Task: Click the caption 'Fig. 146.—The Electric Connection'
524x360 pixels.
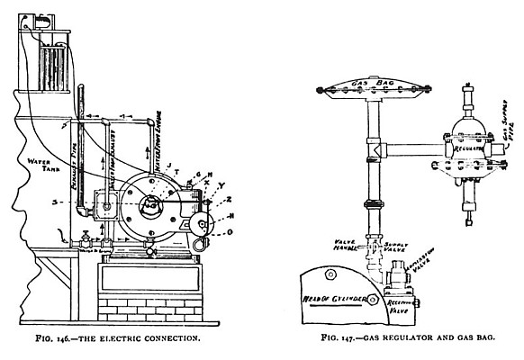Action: coord(133,339)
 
